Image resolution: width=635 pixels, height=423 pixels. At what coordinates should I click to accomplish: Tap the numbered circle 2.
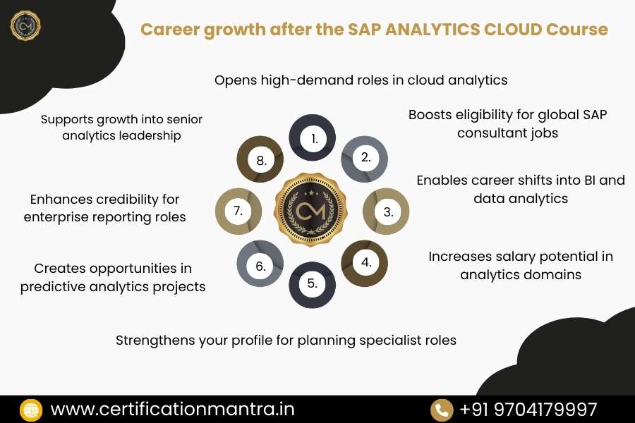365,158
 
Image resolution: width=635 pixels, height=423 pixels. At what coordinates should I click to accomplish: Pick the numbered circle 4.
365,263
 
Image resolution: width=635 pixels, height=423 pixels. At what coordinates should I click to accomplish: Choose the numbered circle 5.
313,284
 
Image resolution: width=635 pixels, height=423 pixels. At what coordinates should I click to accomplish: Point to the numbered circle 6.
260,266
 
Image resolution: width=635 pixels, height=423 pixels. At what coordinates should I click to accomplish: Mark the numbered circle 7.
238,211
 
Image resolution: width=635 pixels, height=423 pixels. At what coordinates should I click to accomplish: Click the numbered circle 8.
260,160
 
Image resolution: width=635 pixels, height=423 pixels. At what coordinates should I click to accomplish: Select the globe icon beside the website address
31,410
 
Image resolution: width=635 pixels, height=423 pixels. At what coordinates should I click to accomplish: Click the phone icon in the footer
442,410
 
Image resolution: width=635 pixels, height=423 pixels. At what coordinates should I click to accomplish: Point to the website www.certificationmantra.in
173,409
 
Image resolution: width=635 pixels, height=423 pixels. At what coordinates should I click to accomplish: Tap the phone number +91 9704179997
528,409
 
